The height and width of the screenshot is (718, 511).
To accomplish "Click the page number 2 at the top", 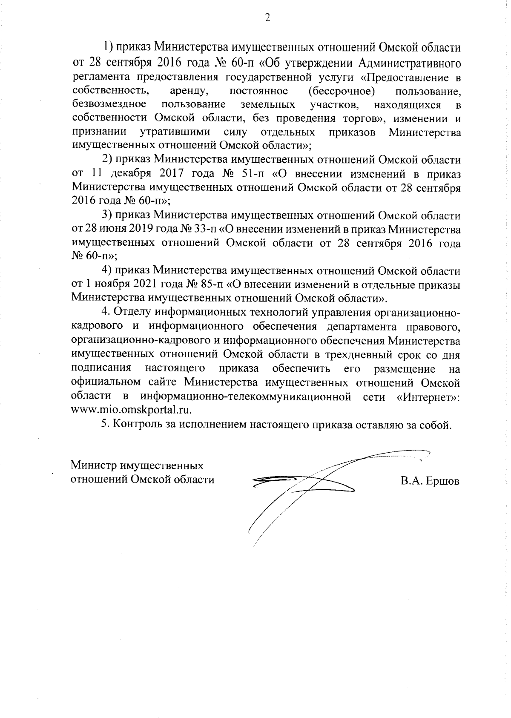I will tap(267, 18).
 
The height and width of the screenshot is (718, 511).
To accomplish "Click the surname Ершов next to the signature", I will tap(440, 481).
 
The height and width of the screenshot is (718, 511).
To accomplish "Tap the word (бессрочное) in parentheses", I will tap(341, 91).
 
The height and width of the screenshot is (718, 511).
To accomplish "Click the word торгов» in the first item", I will tap(362, 118).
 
